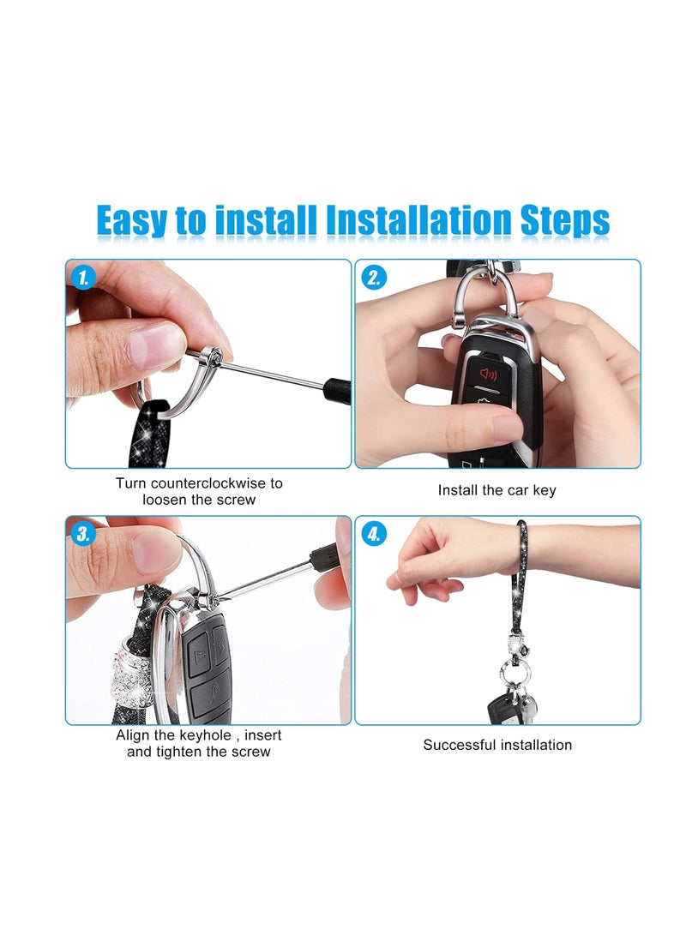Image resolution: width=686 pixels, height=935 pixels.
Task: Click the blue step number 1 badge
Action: [x=83, y=277]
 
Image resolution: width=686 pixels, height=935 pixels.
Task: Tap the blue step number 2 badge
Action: [x=373, y=277]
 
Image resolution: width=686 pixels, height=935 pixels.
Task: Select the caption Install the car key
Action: [x=496, y=490]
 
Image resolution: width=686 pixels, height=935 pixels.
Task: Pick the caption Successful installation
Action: [x=496, y=745]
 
